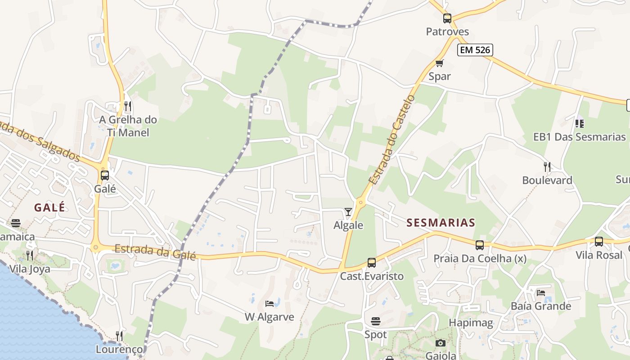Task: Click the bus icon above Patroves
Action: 447,18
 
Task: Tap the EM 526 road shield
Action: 475,50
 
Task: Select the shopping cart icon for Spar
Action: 439,63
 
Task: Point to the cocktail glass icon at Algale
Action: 348,211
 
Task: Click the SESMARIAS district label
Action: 441,222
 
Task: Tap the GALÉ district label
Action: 49,207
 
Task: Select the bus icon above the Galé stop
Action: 105,175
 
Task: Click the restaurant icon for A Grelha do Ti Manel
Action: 128,106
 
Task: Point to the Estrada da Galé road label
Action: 155,252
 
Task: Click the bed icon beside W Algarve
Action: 270,304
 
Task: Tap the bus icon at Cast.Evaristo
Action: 371,263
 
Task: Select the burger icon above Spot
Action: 376,321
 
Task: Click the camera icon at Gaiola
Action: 441,343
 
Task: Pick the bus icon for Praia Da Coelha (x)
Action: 480,245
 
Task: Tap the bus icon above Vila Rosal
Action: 598,242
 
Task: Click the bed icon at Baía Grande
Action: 540,293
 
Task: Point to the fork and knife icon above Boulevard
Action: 547,167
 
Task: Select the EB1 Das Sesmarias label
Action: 580,137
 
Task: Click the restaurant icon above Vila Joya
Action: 30,256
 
